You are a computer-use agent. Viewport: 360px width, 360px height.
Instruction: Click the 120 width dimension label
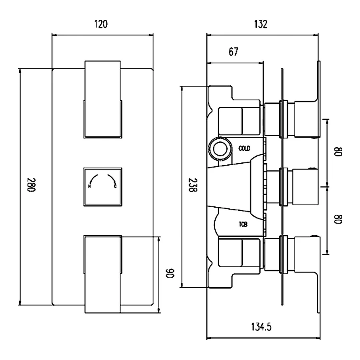click(101, 25)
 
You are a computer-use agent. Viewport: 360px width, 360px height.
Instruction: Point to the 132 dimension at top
click(260, 25)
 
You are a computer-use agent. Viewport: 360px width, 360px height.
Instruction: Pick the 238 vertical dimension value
click(193, 186)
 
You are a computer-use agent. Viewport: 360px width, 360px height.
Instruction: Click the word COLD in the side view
click(244, 149)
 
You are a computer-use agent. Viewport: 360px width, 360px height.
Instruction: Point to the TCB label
click(243, 225)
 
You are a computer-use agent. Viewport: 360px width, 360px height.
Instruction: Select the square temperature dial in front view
click(102, 187)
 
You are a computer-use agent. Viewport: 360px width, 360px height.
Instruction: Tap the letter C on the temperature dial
click(116, 186)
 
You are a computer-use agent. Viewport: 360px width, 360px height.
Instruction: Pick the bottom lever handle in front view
click(102, 274)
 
